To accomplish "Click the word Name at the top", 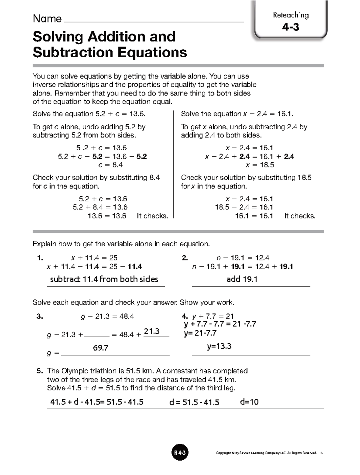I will [x=47, y=19].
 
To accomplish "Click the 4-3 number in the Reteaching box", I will [x=290, y=27].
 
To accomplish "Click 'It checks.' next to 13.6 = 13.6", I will [x=152, y=216].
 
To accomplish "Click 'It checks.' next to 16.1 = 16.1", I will [x=299, y=216].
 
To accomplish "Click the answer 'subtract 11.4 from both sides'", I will [x=104, y=279].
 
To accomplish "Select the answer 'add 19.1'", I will [x=242, y=279].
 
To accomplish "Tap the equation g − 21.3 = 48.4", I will [x=107, y=316].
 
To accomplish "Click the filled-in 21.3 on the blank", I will [x=151, y=332].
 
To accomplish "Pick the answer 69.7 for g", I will [x=100, y=348].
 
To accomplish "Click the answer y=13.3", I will [x=219, y=346].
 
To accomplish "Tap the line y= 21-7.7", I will [x=200, y=333].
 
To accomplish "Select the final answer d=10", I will [x=249, y=402].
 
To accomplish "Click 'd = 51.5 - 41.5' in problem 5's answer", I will [x=194, y=402].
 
